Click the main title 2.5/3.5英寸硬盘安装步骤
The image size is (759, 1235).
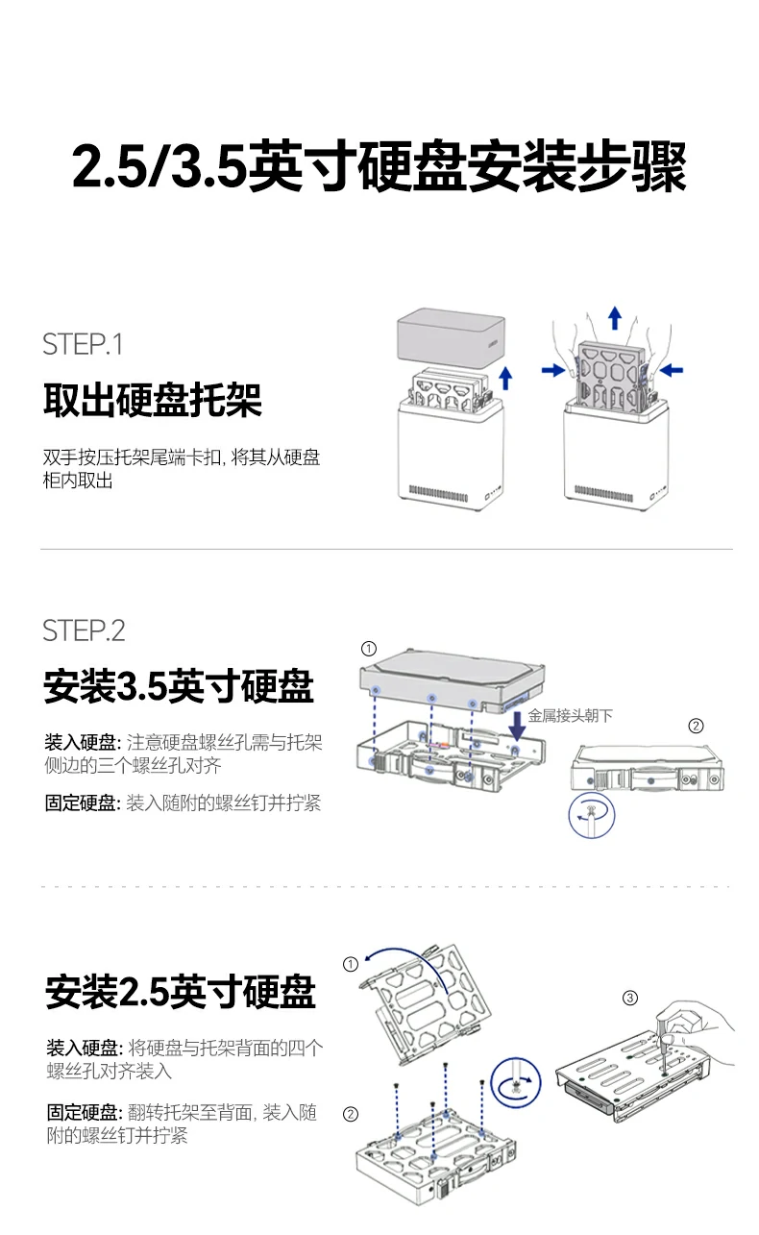tap(379, 168)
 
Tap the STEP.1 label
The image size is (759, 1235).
tap(83, 344)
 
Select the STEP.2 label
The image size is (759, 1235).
tap(84, 630)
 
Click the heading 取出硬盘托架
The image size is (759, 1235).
tap(152, 400)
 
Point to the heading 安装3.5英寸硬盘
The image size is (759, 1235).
tap(179, 687)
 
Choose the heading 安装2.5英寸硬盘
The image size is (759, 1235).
tap(180, 991)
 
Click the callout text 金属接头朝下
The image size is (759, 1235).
tap(570, 715)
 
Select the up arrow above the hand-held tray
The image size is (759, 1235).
tap(615, 316)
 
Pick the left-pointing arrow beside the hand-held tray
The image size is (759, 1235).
tap(672, 369)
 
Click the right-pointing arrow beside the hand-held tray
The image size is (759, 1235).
tap(553, 370)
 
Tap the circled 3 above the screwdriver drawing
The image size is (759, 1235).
tap(630, 998)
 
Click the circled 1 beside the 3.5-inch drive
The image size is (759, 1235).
tap(369, 648)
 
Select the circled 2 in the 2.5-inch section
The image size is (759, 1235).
tap(351, 1114)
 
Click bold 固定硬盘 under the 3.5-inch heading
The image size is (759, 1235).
tap(83, 803)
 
